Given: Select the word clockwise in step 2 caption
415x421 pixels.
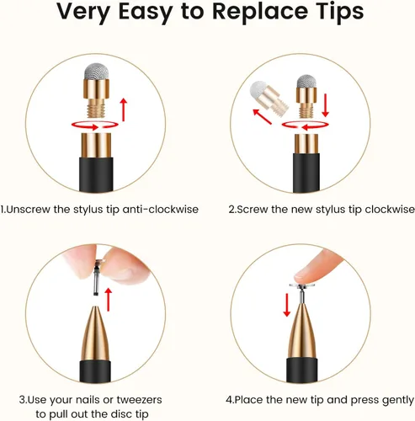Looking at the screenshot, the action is pos(390,210).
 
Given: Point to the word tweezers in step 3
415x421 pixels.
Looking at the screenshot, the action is pos(139,400).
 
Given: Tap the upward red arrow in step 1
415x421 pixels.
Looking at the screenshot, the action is pos(123,109).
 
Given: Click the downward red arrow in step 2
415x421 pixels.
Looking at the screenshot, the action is pos(326,105).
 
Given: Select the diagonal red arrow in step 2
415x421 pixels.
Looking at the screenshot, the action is pos(262,116).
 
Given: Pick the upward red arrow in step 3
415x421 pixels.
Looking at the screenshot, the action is pos(109,300).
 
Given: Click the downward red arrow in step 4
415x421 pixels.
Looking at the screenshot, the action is pos(287,305).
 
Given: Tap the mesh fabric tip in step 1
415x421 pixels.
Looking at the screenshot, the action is pos(96,72).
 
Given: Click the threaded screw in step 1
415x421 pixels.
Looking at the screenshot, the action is pos(96,108).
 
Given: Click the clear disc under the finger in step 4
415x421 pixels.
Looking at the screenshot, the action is pos(302,285).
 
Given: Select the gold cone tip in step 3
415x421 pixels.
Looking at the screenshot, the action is pos(95,333).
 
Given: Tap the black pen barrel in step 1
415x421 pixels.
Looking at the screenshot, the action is pos(96,174).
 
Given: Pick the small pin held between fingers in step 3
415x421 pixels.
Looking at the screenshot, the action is pos(97,278).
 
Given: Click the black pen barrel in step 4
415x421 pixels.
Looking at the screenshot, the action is pos(302,370).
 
